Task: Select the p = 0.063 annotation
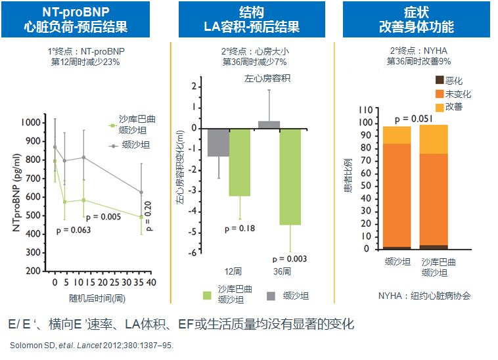(73, 230)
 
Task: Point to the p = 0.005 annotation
(104, 217)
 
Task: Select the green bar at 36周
(290, 176)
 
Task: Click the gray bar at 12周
(218, 142)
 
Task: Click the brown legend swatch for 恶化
(439, 80)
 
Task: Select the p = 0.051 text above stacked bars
(415, 118)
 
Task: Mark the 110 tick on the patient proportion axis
(366, 110)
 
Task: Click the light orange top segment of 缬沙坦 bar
(397, 135)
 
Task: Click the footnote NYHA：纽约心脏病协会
(424, 296)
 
